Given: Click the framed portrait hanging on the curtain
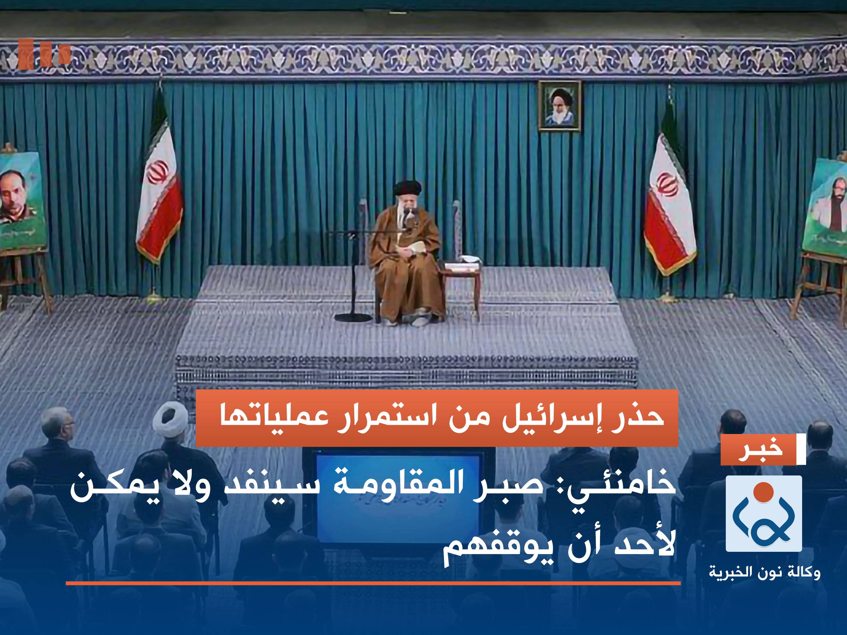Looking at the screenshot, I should tap(559, 105).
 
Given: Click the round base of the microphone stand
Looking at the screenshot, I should tap(353, 317).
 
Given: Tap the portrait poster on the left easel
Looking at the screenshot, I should tap(21, 199).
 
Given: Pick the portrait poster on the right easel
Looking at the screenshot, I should tap(827, 207).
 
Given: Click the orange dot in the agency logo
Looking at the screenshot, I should tap(763, 492).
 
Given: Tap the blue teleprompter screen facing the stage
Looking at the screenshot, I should tap(398, 494).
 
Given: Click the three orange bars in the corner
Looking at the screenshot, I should tap(44, 54).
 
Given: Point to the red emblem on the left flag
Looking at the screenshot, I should tap(157, 172).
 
